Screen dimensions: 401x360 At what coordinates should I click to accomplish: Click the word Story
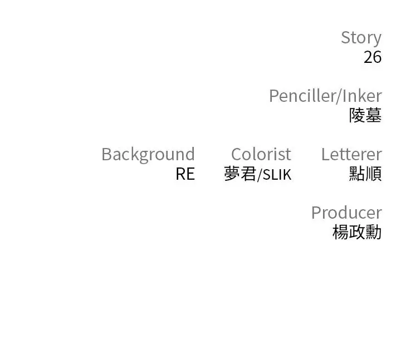point(361,38)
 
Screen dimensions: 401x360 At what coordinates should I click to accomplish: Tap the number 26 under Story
point(373,57)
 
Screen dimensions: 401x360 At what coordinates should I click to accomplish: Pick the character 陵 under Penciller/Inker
point(357,115)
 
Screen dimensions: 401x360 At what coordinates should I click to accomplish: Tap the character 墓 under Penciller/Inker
point(374,115)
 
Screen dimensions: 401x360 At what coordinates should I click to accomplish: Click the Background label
point(148,155)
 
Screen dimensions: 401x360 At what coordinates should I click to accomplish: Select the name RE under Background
point(185,174)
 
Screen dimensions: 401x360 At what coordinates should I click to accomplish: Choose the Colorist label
point(261,154)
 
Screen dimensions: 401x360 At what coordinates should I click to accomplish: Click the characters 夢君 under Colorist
point(240,174)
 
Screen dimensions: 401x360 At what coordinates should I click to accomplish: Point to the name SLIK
point(277,175)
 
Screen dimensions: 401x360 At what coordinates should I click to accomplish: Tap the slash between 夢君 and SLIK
point(260,175)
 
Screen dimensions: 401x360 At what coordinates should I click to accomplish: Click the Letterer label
point(351,154)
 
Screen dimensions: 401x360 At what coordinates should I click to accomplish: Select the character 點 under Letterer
point(357,174)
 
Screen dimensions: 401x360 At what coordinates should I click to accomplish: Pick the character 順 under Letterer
point(374,174)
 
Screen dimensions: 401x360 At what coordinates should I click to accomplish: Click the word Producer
point(346,213)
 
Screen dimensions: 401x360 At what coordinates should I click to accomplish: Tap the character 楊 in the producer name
point(341,232)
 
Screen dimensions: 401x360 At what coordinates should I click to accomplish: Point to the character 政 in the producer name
point(357,232)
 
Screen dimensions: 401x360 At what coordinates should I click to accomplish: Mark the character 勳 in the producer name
point(374,232)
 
